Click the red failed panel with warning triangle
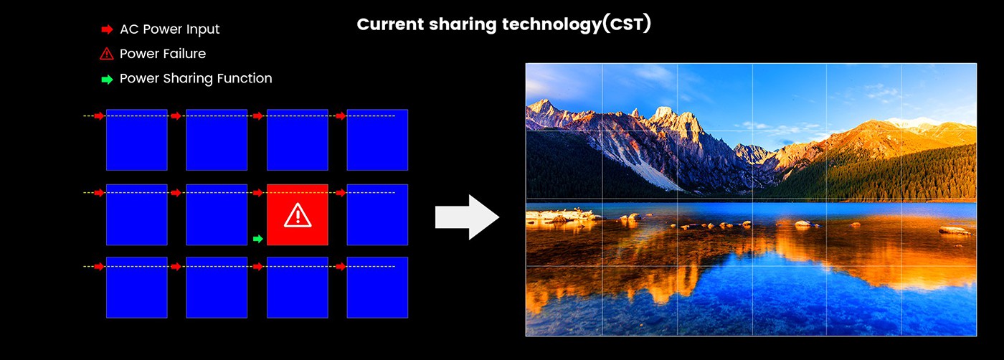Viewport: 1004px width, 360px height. tap(297, 214)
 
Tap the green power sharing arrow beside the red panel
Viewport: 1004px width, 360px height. tap(257, 239)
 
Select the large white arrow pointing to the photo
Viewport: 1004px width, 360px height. tap(467, 217)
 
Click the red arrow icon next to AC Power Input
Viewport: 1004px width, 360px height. tap(107, 29)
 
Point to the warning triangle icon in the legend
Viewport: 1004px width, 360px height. tap(107, 54)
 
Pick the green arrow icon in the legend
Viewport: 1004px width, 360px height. tap(107, 80)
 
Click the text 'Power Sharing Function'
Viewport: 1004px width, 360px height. tap(196, 78)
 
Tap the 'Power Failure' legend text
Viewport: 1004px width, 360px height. tap(163, 54)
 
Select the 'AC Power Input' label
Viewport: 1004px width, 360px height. tap(170, 29)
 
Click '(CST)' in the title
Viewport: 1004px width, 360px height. tap(627, 24)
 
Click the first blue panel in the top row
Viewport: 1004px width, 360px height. tap(137, 140)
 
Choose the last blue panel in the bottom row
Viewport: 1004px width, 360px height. tap(377, 288)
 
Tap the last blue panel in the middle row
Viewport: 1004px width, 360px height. tap(377, 214)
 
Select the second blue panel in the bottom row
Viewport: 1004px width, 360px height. tap(217, 288)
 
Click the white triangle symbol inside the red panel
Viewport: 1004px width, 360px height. tap(298, 216)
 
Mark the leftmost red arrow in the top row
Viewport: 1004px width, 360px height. tap(100, 116)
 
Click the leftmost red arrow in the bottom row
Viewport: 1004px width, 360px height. tap(100, 267)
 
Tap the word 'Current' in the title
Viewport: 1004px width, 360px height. tap(390, 24)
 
